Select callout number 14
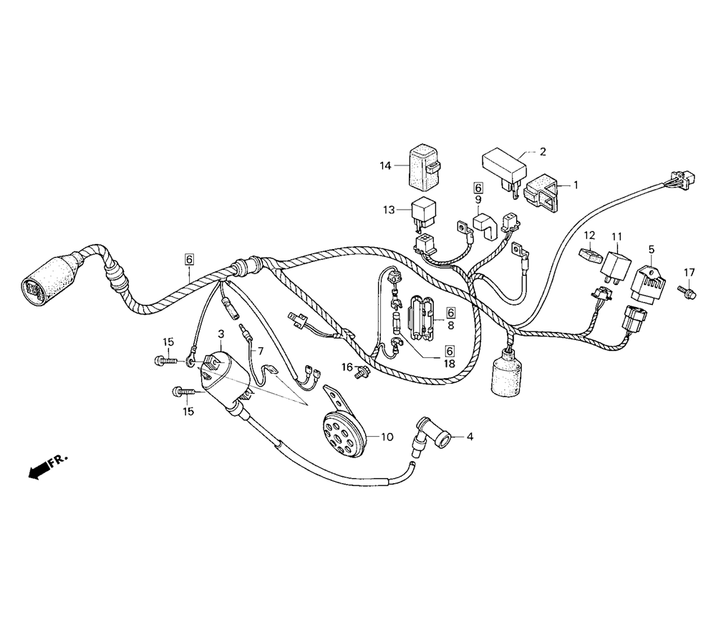pos(387,166)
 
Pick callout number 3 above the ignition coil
pos(221,334)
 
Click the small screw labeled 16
pos(364,371)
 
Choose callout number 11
pos(616,236)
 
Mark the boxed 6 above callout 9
pos(478,188)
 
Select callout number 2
pos(543,152)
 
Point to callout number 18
pos(449,364)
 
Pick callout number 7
pos(261,352)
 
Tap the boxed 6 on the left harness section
pos(189,259)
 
